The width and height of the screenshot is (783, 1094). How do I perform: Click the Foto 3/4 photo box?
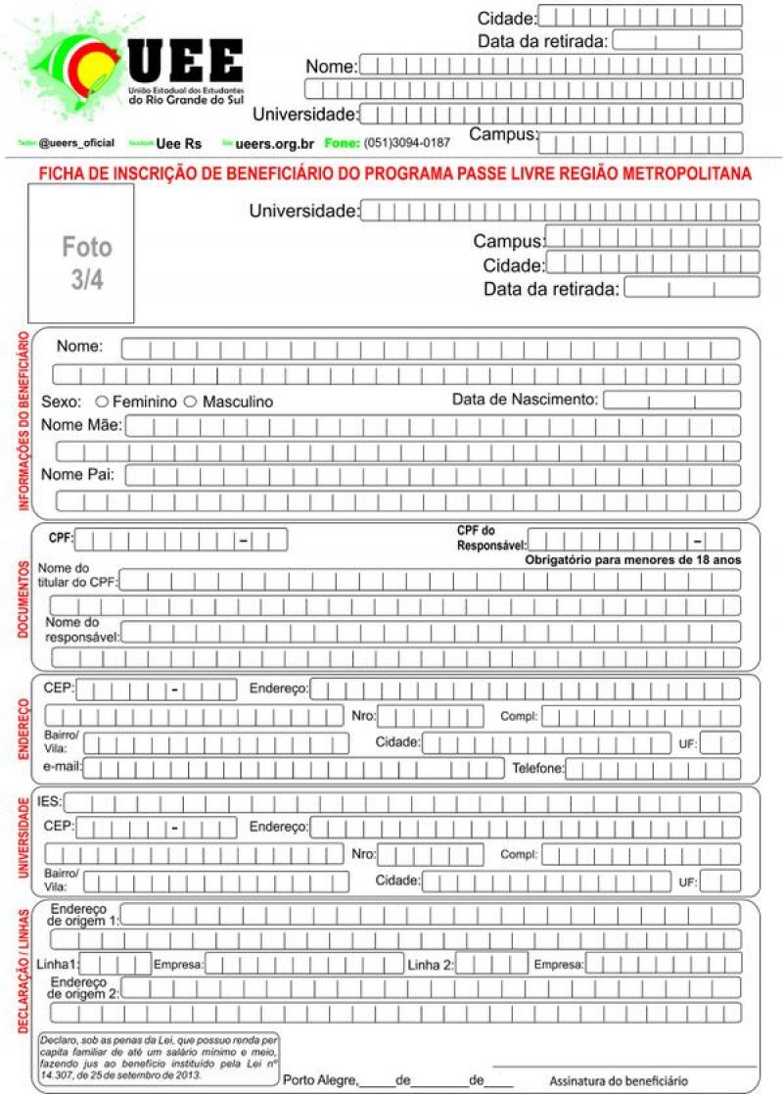[x=81, y=253]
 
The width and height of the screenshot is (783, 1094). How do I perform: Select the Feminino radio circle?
[x=102, y=402]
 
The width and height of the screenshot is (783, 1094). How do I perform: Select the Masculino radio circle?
[x=191, y=402]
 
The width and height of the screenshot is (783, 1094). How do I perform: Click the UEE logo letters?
[x=186, y=61]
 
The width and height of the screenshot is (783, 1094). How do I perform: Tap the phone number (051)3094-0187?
[x=407, y=142]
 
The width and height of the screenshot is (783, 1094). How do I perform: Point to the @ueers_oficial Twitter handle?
[x=76, y=143]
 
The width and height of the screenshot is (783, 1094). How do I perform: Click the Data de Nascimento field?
[x=670, y=400]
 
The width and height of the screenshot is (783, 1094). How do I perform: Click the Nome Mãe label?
[x=81, y=425]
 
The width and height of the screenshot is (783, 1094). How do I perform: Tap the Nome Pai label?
[x=78, y=475]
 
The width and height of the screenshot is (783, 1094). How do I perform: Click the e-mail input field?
[x=294, y=768]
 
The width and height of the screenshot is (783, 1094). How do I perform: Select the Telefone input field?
[x=653, y=768]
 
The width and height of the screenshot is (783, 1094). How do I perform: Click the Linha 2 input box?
[x=491, y=964]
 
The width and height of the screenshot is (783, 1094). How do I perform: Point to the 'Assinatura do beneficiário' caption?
[x=619, y=1081]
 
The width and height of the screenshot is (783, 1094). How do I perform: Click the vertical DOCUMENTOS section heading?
[x=22, y=595]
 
